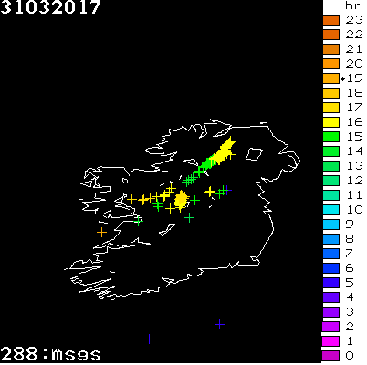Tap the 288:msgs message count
click(x=50, y=353)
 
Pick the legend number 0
click(x=353, y=356)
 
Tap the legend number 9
click(x=353, y=224)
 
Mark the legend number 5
click(x=353, y=283)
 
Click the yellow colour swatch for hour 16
click(x=331, y=122)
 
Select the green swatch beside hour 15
click(x=331, y=137)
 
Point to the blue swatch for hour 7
click(x=331, y=254)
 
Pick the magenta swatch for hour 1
click(x=331, y=341)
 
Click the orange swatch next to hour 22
click(x=331, y=35)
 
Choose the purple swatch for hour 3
click(x=331, y=312)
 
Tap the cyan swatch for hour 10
click(x=331, y=210)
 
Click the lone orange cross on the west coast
click(x=101, y=232)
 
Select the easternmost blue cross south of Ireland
click(x=219, y=324)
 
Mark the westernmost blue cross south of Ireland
click(x=149, y=339)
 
